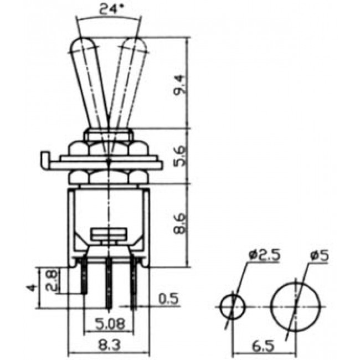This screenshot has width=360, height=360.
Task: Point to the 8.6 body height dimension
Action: tap(179, 224)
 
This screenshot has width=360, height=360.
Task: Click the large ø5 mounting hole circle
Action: tap(297, 306)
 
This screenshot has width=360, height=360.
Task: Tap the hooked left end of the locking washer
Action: tap(44, 160)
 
